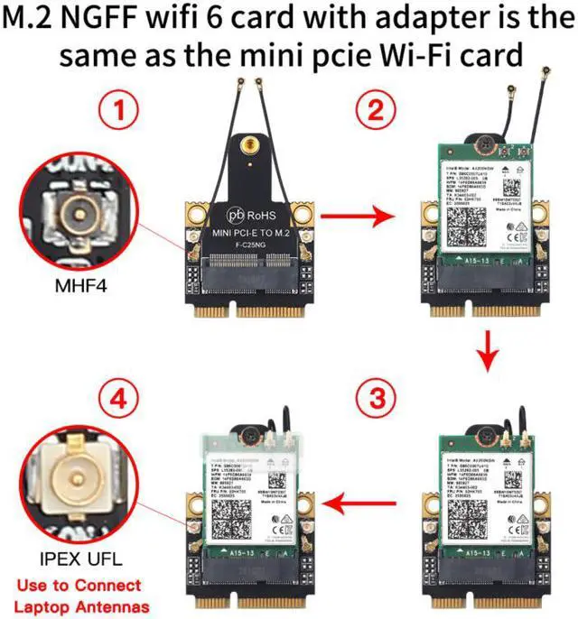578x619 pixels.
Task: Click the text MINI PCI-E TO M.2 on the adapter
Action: pyautogui.click(x=252, y=234)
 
